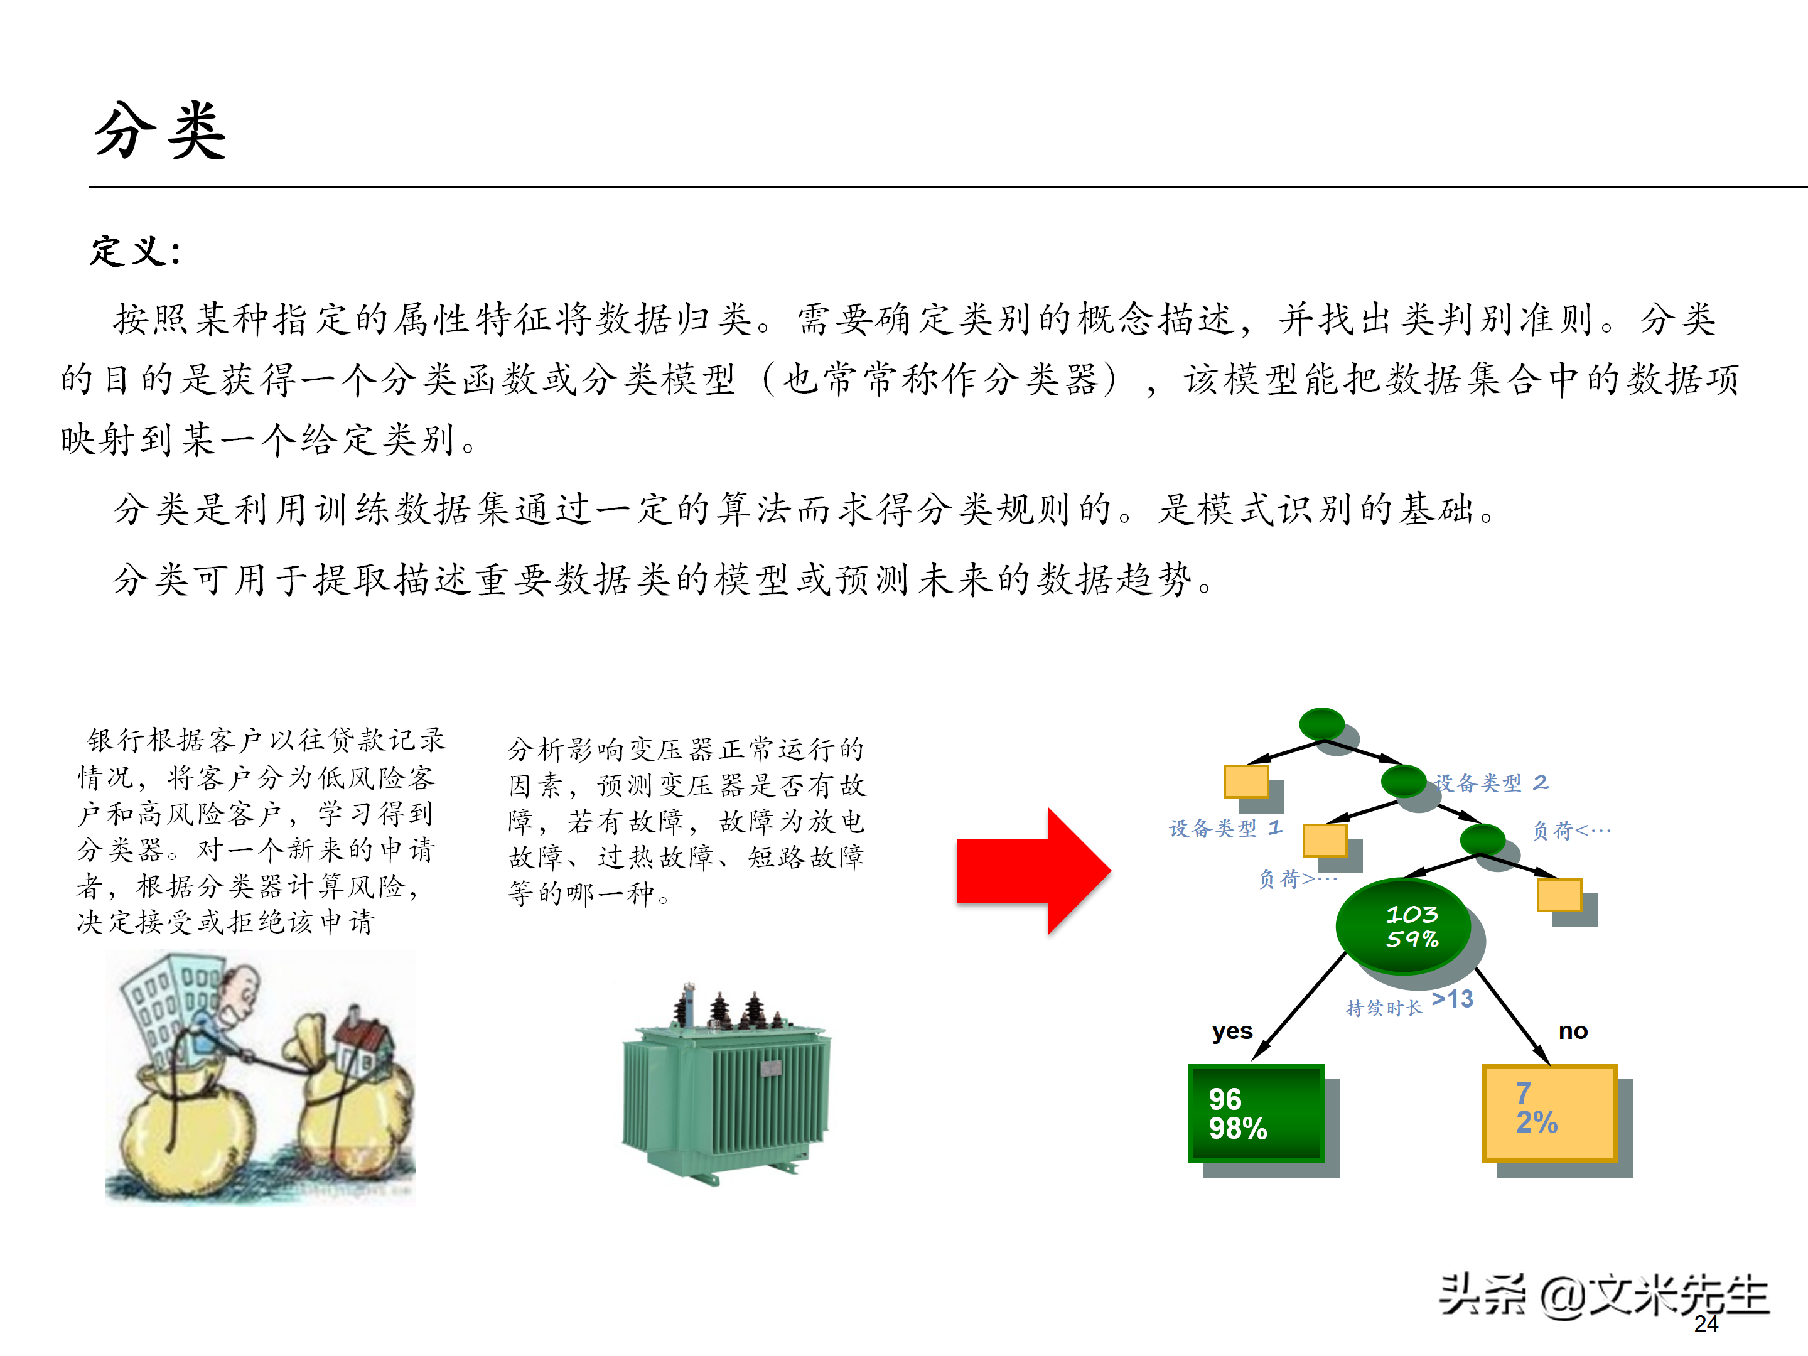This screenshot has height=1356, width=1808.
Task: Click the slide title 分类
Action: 160,130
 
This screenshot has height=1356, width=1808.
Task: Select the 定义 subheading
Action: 135,251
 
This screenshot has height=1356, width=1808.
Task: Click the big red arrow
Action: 1033,871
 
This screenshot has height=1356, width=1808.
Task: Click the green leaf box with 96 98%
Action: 1256,1113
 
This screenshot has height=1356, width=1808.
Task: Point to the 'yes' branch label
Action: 1232,1031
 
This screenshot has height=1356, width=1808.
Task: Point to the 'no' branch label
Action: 1573,1031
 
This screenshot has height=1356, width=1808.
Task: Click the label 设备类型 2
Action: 1492,783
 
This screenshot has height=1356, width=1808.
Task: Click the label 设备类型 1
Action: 1226,828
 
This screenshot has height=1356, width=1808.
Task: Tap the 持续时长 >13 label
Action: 1410,1002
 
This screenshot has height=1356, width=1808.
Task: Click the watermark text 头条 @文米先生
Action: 1604,1296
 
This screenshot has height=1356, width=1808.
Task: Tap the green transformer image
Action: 726,1083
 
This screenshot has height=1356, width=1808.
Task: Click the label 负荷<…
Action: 1571,831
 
